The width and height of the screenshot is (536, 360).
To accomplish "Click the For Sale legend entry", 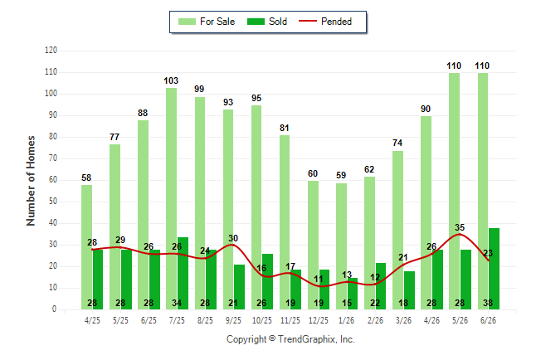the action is [207, 22].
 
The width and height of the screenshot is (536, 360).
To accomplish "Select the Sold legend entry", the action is [267, 22].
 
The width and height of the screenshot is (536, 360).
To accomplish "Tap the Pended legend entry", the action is [325, 22].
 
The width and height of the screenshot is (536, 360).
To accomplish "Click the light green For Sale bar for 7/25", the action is [171, 198].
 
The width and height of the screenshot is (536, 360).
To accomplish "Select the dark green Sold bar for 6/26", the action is [494, 269].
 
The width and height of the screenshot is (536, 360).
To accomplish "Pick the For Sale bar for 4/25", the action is [87, 247].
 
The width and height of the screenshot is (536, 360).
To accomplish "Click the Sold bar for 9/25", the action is [239, 287].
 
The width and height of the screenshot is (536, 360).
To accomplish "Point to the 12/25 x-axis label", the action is [319, 320].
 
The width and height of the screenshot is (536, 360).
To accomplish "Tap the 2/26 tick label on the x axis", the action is [375, 320].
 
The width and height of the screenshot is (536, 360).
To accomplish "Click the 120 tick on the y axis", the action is [51, 51].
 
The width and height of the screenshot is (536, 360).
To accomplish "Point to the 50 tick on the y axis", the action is [53, 202].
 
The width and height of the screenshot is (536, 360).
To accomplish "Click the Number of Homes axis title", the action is [31, 181].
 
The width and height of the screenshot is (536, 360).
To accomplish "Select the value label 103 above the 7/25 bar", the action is [171, 80].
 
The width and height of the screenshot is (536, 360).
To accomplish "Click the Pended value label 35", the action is [460, 227].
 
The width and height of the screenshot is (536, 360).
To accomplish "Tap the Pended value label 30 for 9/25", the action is [233, 238].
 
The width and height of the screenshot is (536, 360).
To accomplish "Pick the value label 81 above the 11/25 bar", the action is [285, 128].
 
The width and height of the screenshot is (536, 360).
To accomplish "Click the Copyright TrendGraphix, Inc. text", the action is [290, 339].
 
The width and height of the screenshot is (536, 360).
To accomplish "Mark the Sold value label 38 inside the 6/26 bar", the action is [488, 303].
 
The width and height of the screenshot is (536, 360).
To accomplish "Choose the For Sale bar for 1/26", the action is [341, 246].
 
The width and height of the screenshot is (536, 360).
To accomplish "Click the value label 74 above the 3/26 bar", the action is [397, 143].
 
